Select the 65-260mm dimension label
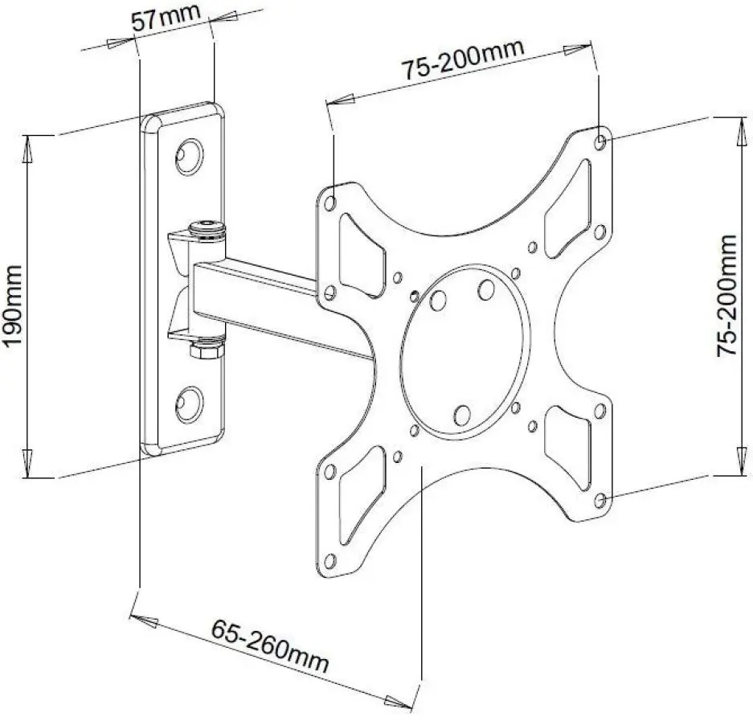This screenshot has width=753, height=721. pyautogui.click(x=270, y=643)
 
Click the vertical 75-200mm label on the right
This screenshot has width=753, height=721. pyautogui.click(x=727, y=295)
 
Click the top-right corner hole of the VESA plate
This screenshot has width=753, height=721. pyautogui.click(x=602, y=141)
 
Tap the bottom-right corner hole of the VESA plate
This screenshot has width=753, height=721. pyautogui.click(x=601, y=500)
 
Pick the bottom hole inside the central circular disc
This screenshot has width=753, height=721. pyautogui.click(x=461, y=415)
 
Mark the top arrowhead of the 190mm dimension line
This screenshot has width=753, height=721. pyautogui.click(x=29, y=143)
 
